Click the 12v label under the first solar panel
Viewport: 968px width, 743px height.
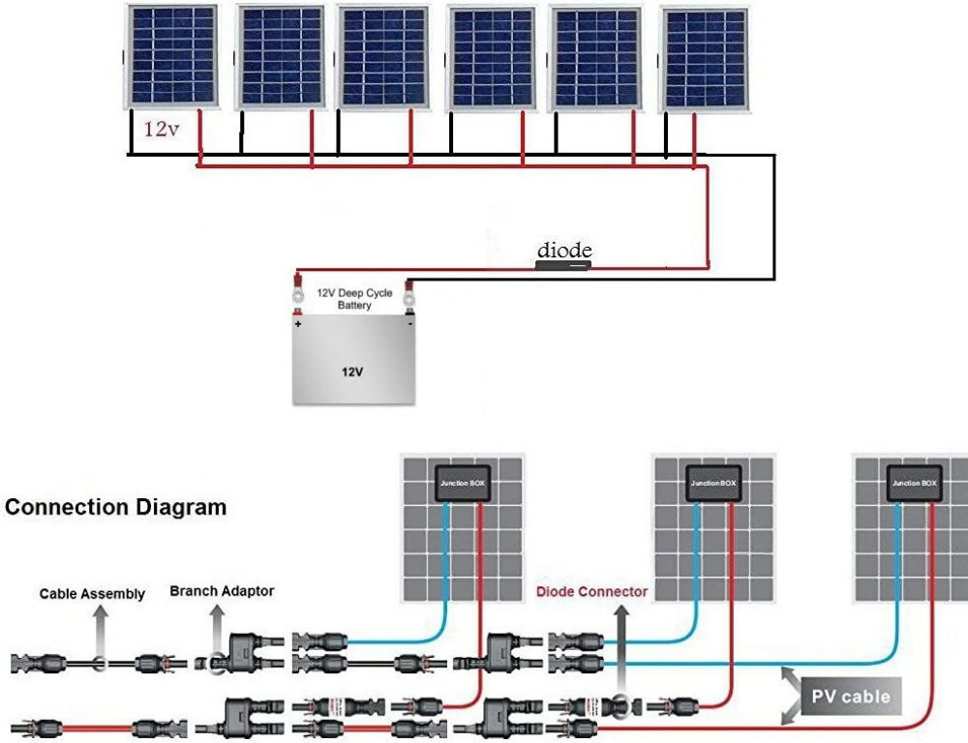click(x=162, y=129)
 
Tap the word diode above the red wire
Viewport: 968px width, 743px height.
click(x=564, y=250)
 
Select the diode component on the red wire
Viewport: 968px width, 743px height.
click(x=563, y=264)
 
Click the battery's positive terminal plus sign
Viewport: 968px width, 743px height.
click(x=298, y=324)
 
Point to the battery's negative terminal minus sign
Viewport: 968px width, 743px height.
click(x=410, y=324)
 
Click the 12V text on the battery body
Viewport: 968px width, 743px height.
click(x=352, y=370)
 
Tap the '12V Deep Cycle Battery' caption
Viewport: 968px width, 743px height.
click(x=354, y=298)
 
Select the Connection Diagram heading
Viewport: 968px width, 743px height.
click(x=116, y=507)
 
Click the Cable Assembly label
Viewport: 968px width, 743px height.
click(x=92, y=593)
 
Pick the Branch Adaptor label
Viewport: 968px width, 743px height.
click(x=222, y=590)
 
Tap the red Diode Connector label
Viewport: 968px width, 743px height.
click(x=591, y=590)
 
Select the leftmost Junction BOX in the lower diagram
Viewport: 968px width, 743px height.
click(x=463, y=482)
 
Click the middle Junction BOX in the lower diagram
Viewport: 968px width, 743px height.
click(x=713, y=482)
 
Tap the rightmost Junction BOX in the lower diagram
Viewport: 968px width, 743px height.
click(x=914, y=482)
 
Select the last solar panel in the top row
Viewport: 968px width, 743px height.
click(x=705, y=58)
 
